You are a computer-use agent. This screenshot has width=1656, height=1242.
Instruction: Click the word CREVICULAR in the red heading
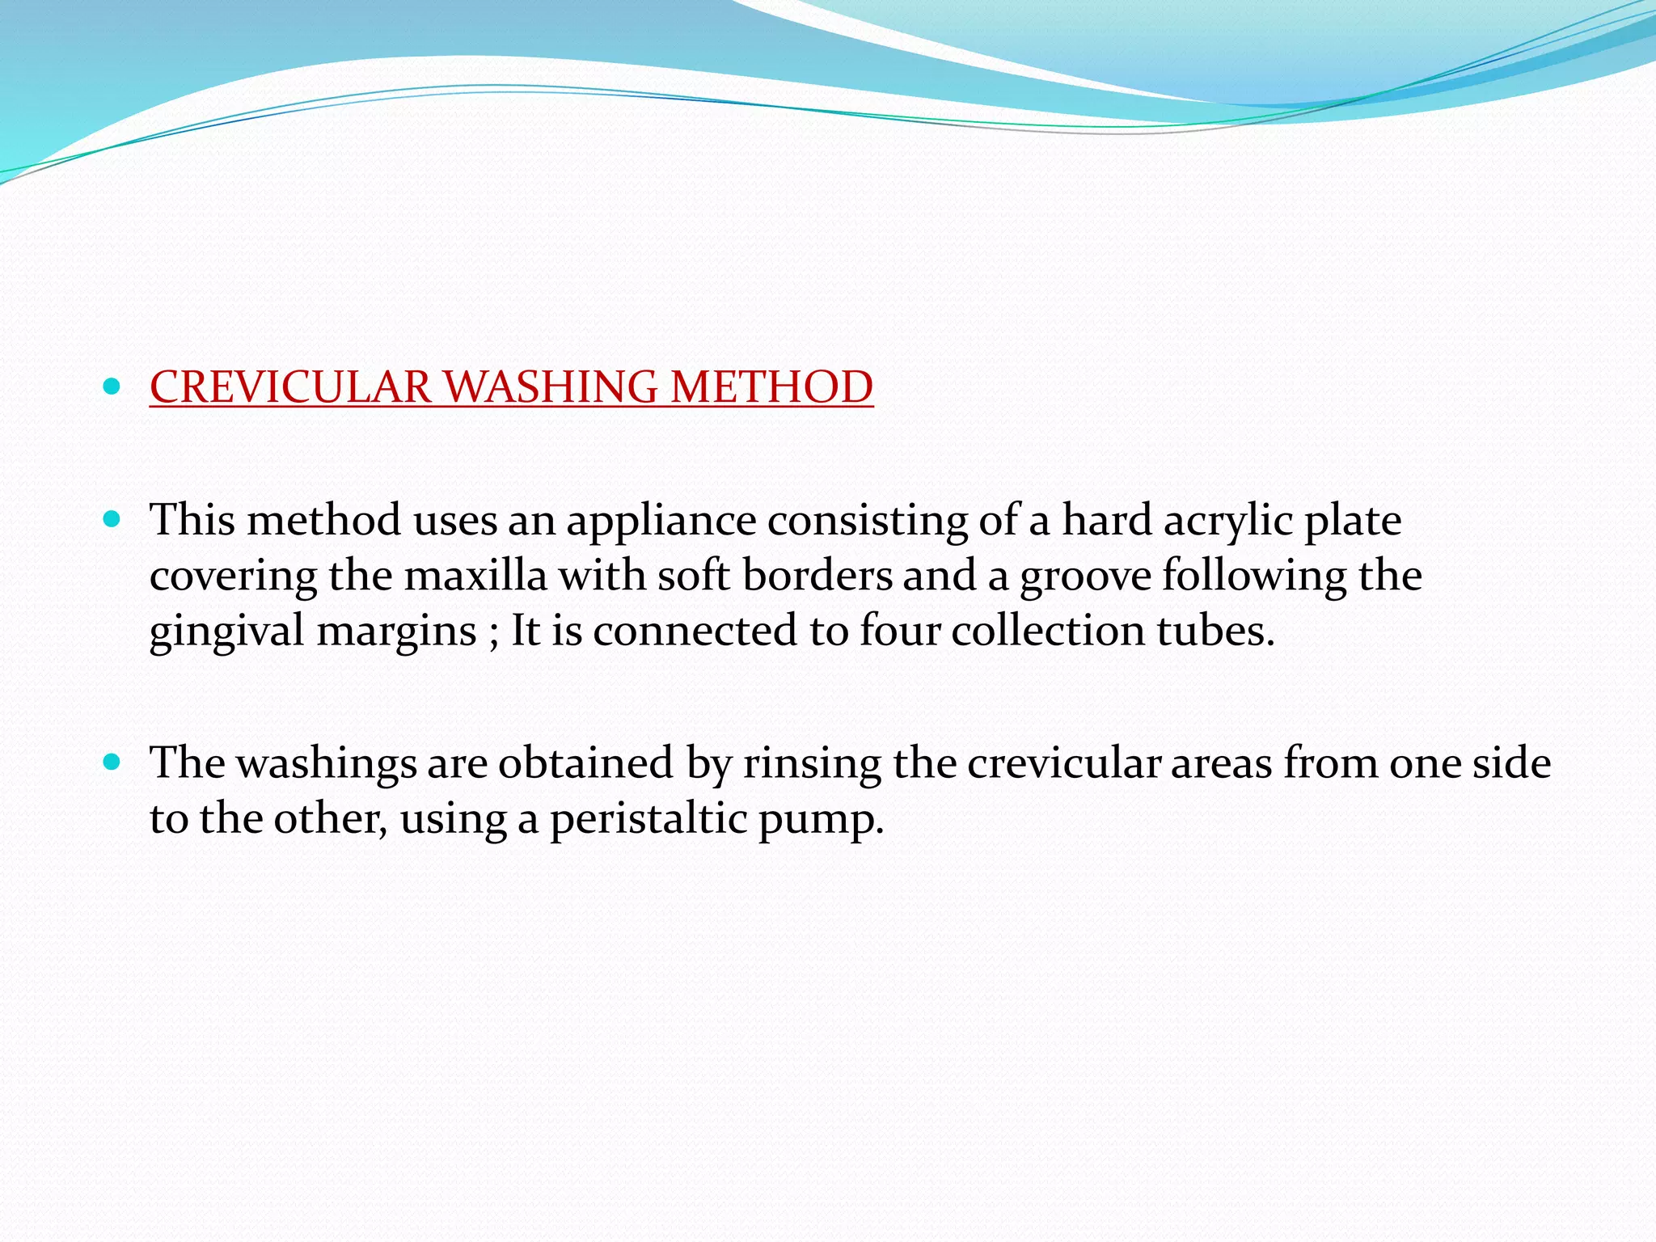coord(290,387)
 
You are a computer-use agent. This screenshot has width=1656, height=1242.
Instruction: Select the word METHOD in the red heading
coord(771,387)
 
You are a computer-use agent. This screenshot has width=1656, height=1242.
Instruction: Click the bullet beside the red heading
coord(112,387)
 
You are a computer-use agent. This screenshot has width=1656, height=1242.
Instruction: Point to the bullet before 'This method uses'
coord(112,518)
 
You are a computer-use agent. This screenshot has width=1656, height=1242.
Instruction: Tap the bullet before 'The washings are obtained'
coord(112,762)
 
